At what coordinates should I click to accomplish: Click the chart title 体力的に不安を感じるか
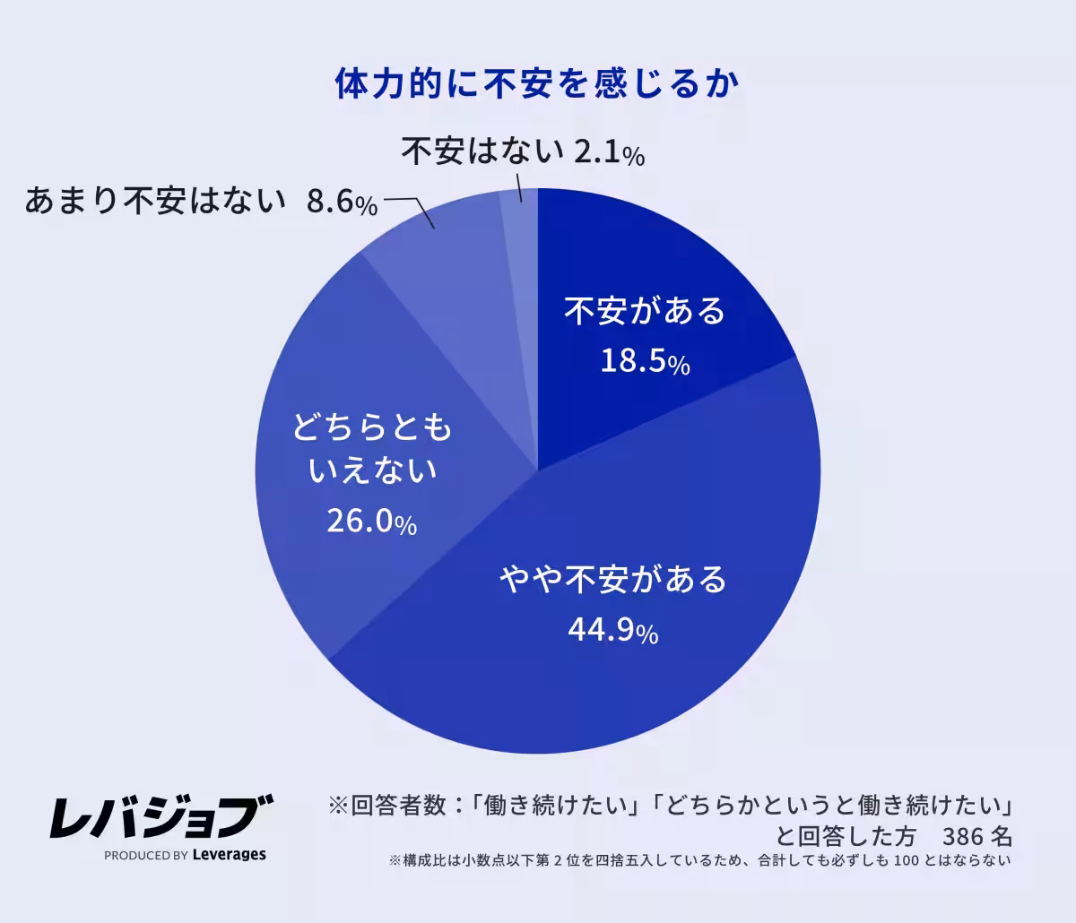pyautogui.click(x=537, y=84)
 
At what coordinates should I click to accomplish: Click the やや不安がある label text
pyautogui.click(x=613, y=580)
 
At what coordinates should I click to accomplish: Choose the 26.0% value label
pyautogui.click(x=371, y=522)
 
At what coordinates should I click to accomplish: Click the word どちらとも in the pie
pyautogui.click(x=372, y=428)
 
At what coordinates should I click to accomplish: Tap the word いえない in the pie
pyautogui.click(x=372, y=470)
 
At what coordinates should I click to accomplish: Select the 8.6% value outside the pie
pyautogui.click(x=342, y=203)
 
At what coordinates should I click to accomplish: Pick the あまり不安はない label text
pyautogui.click(x=154, y=202)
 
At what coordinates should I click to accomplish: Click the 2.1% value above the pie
pyautogui.click(x=609, y=153)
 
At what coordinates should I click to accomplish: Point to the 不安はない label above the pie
pyautogui.click(x=482, y=152)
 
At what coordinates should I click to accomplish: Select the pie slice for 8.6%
pyautogui.click(x=448, y=260)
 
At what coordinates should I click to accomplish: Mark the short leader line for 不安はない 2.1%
pyautogui.click(x=518, y=187)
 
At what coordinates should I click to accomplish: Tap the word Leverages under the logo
pyautogui.click(x=230, y=855)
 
